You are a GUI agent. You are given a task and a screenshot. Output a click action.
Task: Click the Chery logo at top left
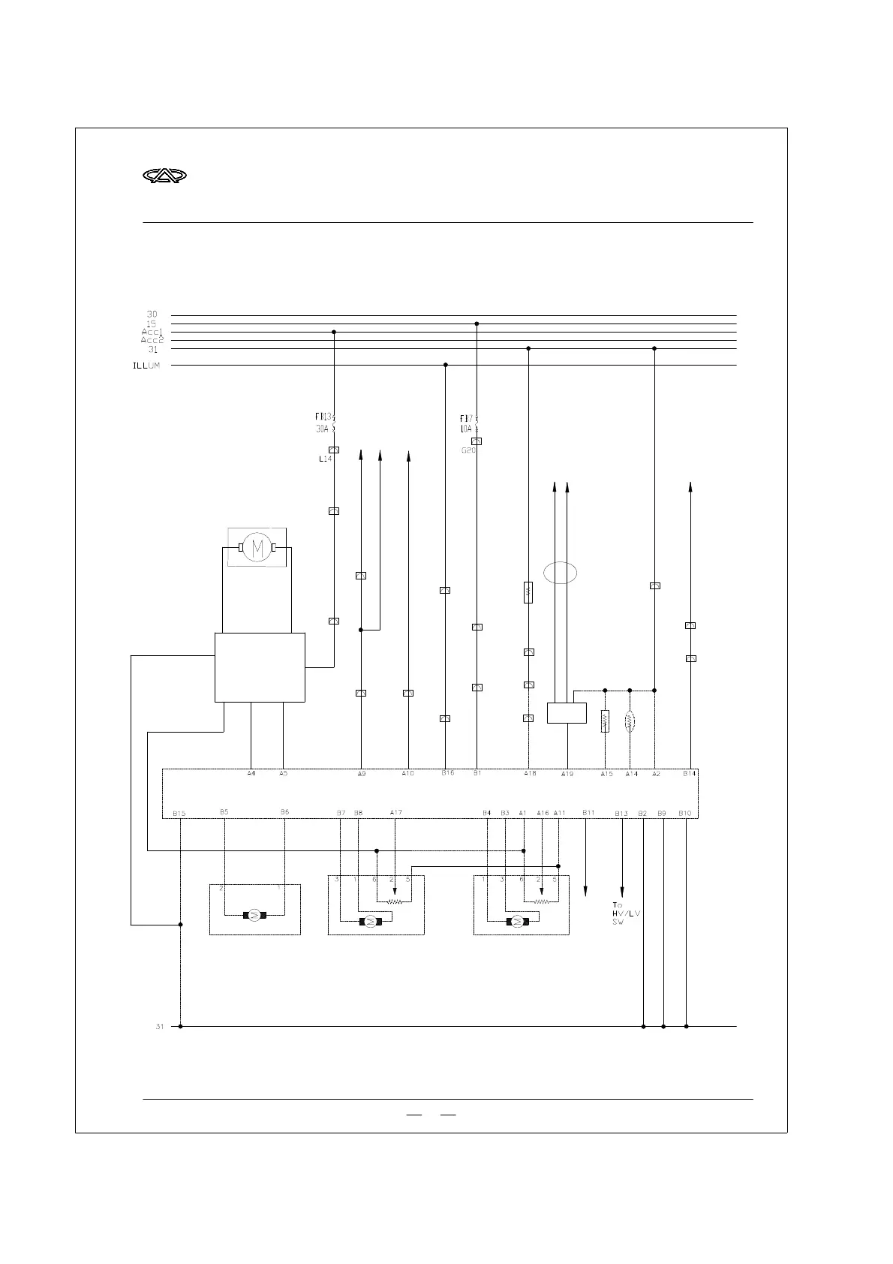(x=164, y=176)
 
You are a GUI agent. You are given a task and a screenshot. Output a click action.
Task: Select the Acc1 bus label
(x=152, y=332)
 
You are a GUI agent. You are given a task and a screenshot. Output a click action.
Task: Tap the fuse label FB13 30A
(x=324, y=422)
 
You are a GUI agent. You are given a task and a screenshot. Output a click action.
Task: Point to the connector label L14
(x=324, y=459)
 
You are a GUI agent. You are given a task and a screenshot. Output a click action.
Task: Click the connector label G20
(x=468, y=450)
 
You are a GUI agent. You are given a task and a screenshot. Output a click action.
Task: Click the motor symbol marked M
(x=257, y=548)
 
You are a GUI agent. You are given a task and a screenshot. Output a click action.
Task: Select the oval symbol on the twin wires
(x=560, y=573)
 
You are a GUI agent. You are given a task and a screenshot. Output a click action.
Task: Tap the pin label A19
(x=567, y=774)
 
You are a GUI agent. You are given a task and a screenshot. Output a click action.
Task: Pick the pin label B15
(x=179, y=813)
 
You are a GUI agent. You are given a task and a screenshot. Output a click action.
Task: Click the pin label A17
(x=395, y=812)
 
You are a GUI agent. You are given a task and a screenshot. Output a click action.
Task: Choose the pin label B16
(x=447, y=773)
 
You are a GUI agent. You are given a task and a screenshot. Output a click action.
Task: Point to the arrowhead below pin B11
(x=585, y=891)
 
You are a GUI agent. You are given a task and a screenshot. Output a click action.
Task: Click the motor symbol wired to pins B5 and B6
(x=254, y=914)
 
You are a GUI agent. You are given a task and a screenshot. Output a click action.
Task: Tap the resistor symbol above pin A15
(x=605, y=721)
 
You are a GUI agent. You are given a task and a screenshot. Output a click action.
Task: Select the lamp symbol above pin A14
(x=630, y=721)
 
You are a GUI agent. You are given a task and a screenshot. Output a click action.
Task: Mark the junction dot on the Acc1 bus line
(x=334, y=332)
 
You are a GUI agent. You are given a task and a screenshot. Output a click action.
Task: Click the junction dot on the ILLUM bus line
(x=446, y=366)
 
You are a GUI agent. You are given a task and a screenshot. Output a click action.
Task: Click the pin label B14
(x=689, y=773)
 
